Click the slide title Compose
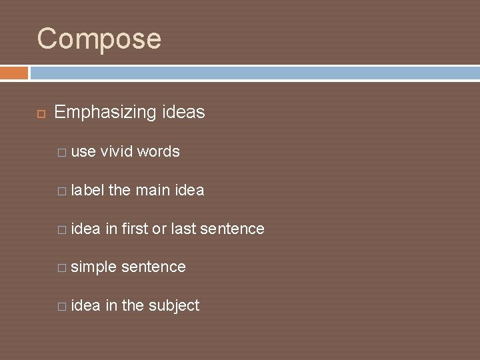(99, 39)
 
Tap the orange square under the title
(14, 73)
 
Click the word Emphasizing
(105, 113)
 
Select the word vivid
(117, 152)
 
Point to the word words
(158, 152)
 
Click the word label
(87, 191)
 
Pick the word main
(153, 191)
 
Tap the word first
(135, 229)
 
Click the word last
(183, 229)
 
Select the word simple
(93, 267)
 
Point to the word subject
(173, 306)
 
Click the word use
(83, 152)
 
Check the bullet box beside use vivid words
(62, 153)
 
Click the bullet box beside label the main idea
(62, 191)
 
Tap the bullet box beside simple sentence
(62, 268)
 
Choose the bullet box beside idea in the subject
(62, 307)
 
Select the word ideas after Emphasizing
(183, 113)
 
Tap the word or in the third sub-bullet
(159, 229)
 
